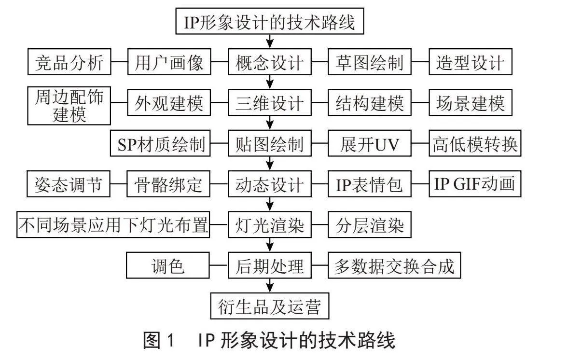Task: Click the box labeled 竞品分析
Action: (x=69, y=62)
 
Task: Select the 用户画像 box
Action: (x=169, y=62)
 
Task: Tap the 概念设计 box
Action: (x=270, y=62)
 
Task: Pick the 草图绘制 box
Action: (x=370, y=62)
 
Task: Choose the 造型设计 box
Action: (x=471, y=62)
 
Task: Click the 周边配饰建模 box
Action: (x=69, y=106)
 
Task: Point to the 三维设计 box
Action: (x=270, y=102)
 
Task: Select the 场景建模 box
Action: (x=471, y=102)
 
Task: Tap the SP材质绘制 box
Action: (x=160, y=143)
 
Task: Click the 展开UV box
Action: (x=370, y=143)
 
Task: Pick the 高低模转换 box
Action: (x=475, y=143)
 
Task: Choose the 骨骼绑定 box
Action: (x=168, y=184)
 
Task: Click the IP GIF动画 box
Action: (x=475, y=184)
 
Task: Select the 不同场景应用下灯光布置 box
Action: (x=113, y=224)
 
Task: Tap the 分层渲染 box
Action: (x=370, y=224)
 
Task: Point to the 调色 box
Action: (x=168, y=265)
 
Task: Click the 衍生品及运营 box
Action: (x=270, y=306)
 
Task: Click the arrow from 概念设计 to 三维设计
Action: (x=270, y=82)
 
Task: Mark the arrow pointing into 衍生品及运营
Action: (x=270, y=286)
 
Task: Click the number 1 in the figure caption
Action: (x=170, y=340)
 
